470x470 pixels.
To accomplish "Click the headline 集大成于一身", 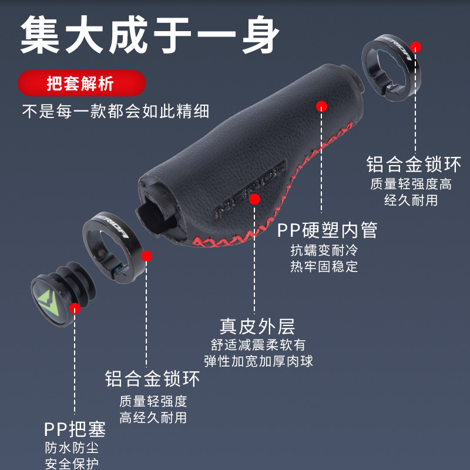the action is [150, 34].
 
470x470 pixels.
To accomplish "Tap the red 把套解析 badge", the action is [81, 83].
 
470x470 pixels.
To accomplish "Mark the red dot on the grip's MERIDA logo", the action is [254, 199].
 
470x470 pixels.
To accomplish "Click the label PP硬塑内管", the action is [327, 230].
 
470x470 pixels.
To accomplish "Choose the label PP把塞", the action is [75, 429].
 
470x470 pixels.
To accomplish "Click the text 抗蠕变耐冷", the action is [324, 250].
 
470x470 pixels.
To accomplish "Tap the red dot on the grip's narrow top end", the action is [321, 106].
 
